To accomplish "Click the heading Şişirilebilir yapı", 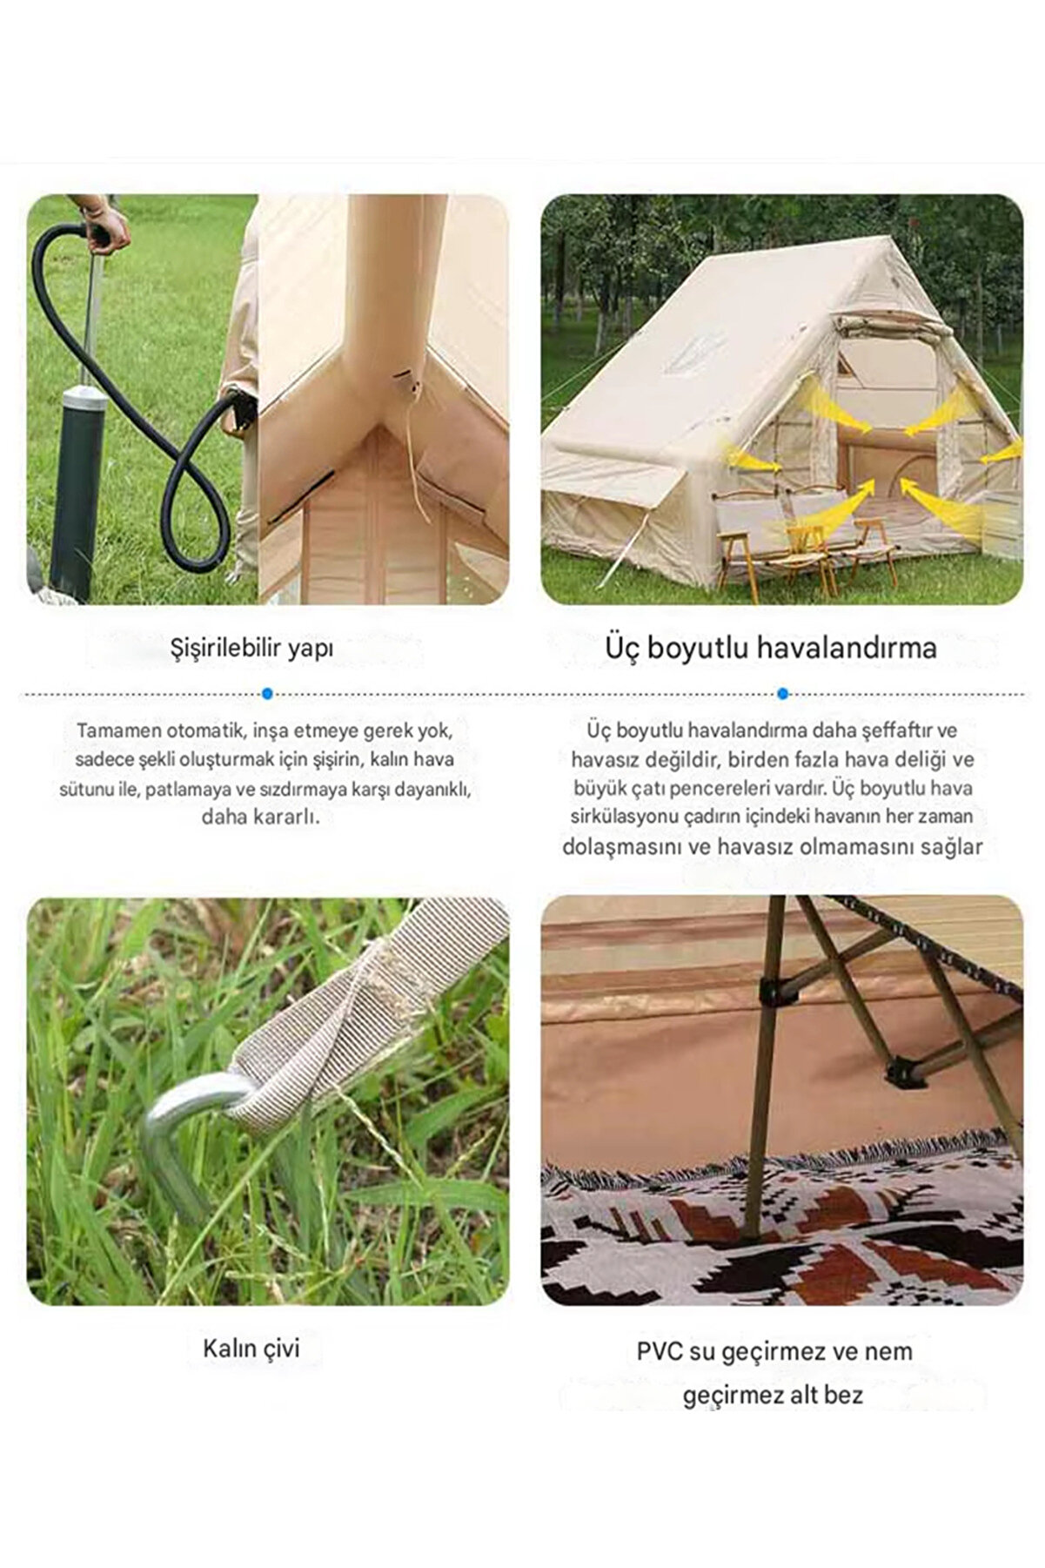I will [x=252, y=649].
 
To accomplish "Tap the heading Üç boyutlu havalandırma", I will [x=771, y=648].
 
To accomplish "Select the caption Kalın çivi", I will [x=251, y=1349].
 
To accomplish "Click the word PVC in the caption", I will [x=660, y=1352].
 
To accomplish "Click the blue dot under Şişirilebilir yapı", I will [x=267, y=694].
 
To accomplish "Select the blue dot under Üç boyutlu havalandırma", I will [x=782, y=694].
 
